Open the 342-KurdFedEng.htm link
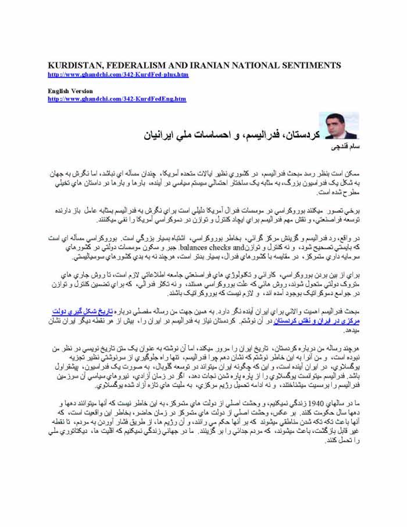click(117, 99)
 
